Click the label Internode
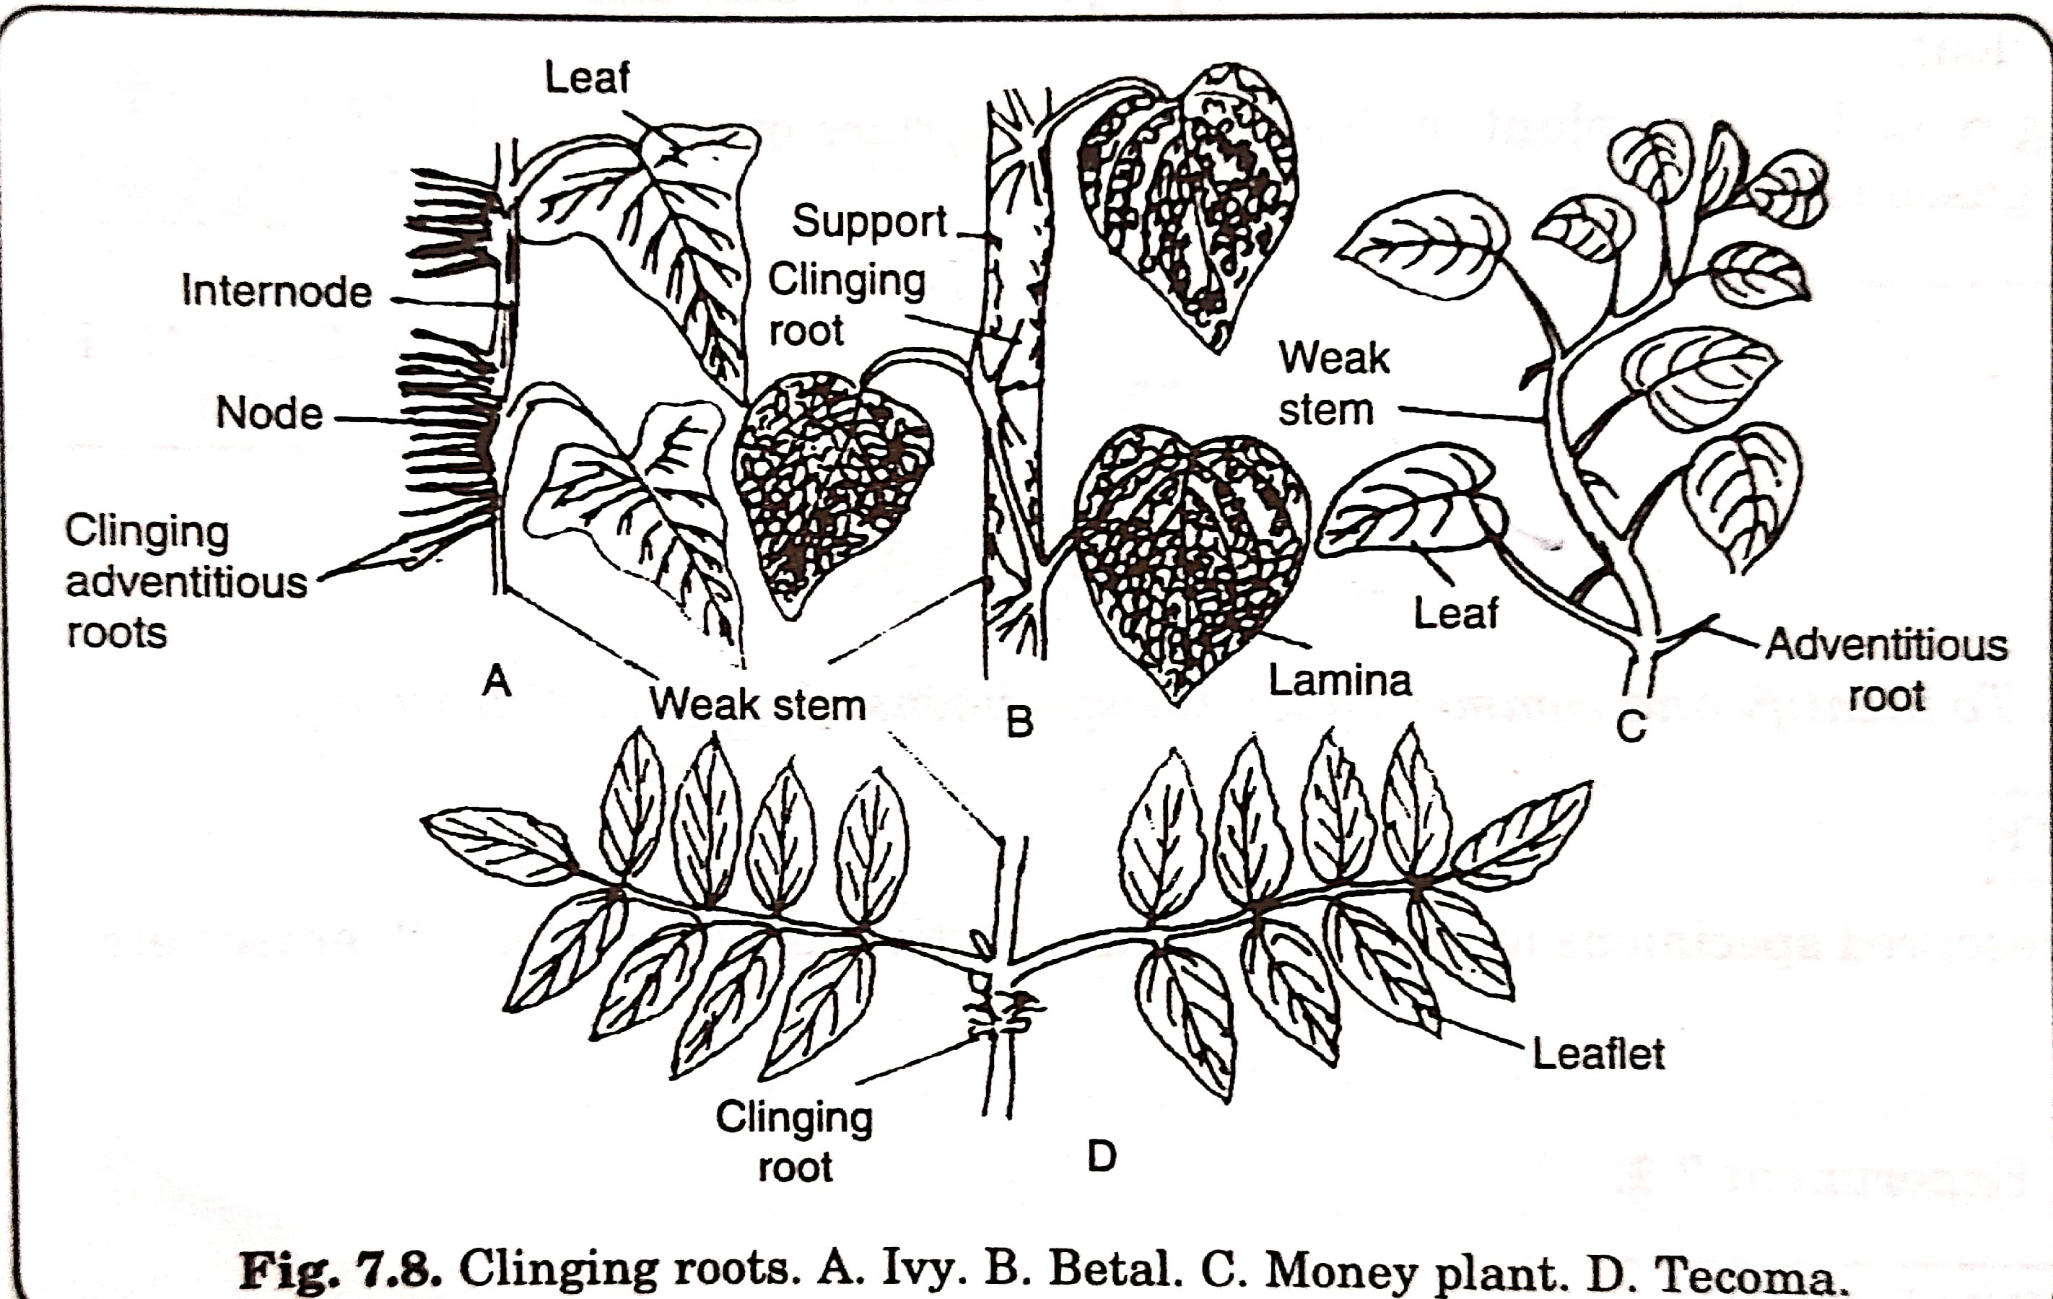click(277, 292)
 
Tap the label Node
click(269, 414)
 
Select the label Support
click(869, 222)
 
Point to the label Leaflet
click(1597, 1054)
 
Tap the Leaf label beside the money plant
click(1455, 613)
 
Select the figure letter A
click(496, 681)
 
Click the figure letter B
click(1020, 722)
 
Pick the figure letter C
click(1630, 727)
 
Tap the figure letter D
click(1102, 1157)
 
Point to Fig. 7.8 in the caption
click(339, 1270)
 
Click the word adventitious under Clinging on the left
click(186, 583)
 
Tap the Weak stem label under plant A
click(757, 705)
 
